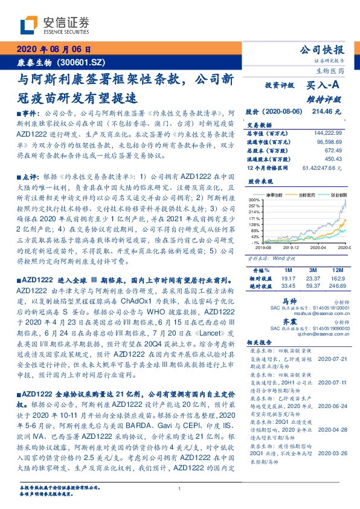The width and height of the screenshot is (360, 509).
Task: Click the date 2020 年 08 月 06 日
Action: (54, 50)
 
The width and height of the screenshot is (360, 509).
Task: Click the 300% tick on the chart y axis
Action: (254, 199)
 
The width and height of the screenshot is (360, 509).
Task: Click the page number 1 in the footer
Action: (180, 488)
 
